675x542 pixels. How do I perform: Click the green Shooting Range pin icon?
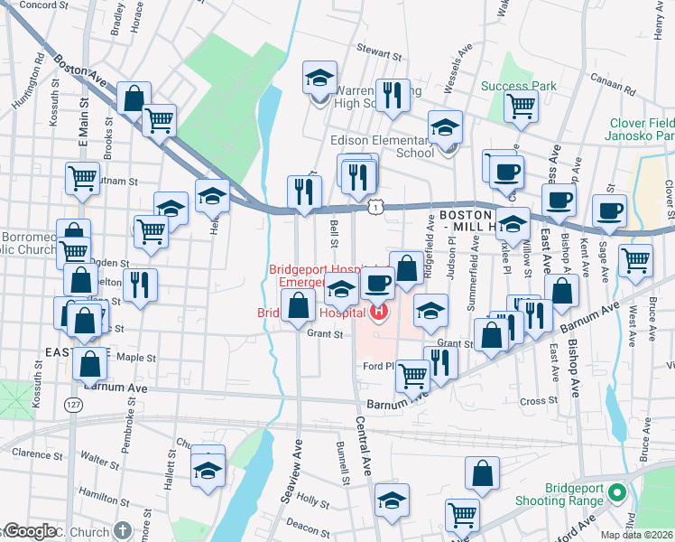[x=617, y=493]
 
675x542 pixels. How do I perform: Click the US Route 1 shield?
[x=373, y=208]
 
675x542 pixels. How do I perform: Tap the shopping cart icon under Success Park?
[x=521, y=107]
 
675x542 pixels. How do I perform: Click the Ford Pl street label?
[x=379, y=366]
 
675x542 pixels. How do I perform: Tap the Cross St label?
[x=540, y=400]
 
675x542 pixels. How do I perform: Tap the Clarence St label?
[x=38, y=453]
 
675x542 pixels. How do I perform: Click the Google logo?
[x=29, y=531]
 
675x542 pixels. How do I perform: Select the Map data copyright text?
[x=636, y=535]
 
